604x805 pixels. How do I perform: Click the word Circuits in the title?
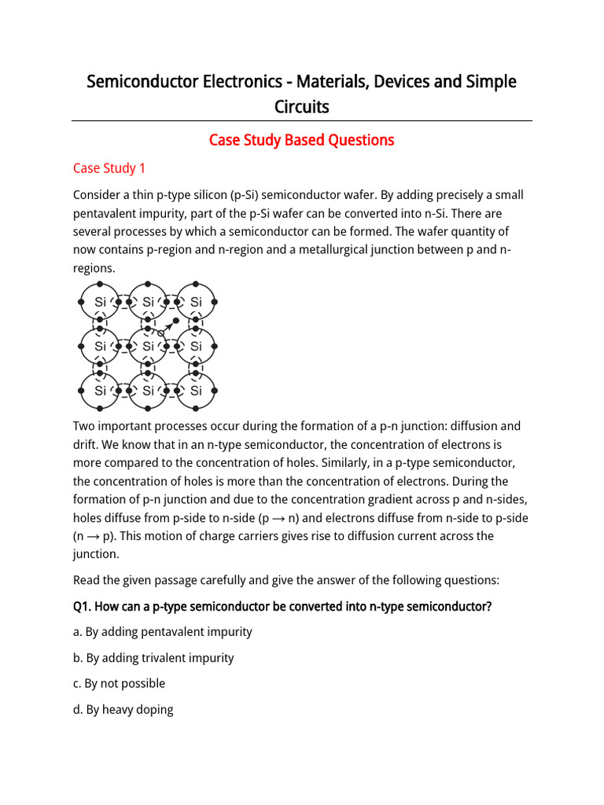tap(301, 106)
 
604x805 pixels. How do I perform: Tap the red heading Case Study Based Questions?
tap(301, 140)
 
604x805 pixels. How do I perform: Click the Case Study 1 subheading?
tap(109, 168)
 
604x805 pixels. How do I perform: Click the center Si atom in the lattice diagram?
tap(148, 346)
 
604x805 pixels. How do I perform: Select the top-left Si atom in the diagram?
tap(100, 302)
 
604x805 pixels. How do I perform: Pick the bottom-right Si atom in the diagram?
tap(196, 391)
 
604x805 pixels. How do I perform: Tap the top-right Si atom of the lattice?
tap(196, 302)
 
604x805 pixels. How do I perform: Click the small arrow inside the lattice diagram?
tap(167, 327)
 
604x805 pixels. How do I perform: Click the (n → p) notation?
tap(94, 536)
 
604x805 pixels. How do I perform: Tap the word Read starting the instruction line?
tap(87, 580)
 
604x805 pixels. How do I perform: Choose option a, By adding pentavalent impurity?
tap(163, 632)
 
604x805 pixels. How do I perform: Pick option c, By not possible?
tap(119, 684)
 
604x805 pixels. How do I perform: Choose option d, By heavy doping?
tap(123, 710)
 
